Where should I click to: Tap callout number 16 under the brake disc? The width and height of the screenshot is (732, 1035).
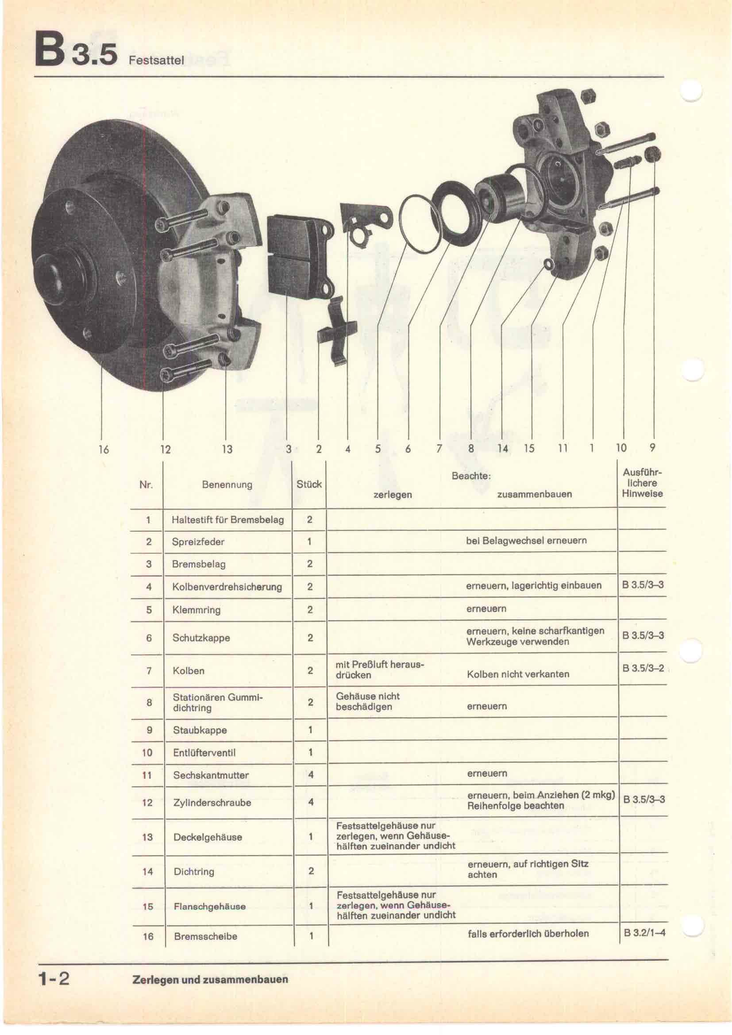(104, 449)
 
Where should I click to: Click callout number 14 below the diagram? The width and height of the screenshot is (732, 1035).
(503, 448)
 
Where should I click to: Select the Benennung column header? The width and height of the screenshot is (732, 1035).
(227, 485)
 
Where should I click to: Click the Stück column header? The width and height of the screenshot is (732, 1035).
(309, 484)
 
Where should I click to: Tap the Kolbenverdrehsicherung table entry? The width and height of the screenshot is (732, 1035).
(227, 586)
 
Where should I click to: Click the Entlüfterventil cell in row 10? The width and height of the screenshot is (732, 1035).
(204, 752)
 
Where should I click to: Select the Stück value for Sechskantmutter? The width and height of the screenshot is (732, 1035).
(311, 775)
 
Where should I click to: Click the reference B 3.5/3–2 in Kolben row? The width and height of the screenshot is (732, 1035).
(643, 668)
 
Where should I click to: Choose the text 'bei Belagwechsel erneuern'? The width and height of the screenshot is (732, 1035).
(527, 540)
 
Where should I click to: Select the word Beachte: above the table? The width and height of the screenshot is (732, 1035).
(471, 476)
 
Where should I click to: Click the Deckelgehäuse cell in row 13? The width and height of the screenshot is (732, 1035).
(208, 837)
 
